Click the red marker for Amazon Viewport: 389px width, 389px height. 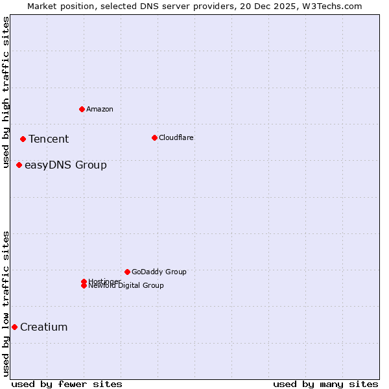[82, 109]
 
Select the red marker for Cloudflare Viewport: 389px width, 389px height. [154, 137]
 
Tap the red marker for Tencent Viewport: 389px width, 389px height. [23, 139]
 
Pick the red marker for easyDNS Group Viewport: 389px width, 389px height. [19, 165]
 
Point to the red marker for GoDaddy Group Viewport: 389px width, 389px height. [127, 272]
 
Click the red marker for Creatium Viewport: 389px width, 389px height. [14, 327]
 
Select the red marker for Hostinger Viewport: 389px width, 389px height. [84, 281]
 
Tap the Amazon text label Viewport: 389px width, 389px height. [99, 109]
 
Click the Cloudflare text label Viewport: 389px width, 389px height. [176, 137]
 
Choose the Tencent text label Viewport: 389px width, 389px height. [49, 139]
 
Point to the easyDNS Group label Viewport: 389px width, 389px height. [65, 165]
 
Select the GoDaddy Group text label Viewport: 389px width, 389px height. [159, 272]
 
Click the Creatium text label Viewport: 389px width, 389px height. [43, 327]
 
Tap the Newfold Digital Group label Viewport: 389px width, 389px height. [126, 286]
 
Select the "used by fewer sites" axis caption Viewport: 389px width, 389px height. [67, 384]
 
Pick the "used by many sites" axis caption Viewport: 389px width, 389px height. [325, 384]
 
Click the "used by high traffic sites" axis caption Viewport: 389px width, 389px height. [6, 92]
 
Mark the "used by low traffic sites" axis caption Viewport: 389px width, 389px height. [6, 303]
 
